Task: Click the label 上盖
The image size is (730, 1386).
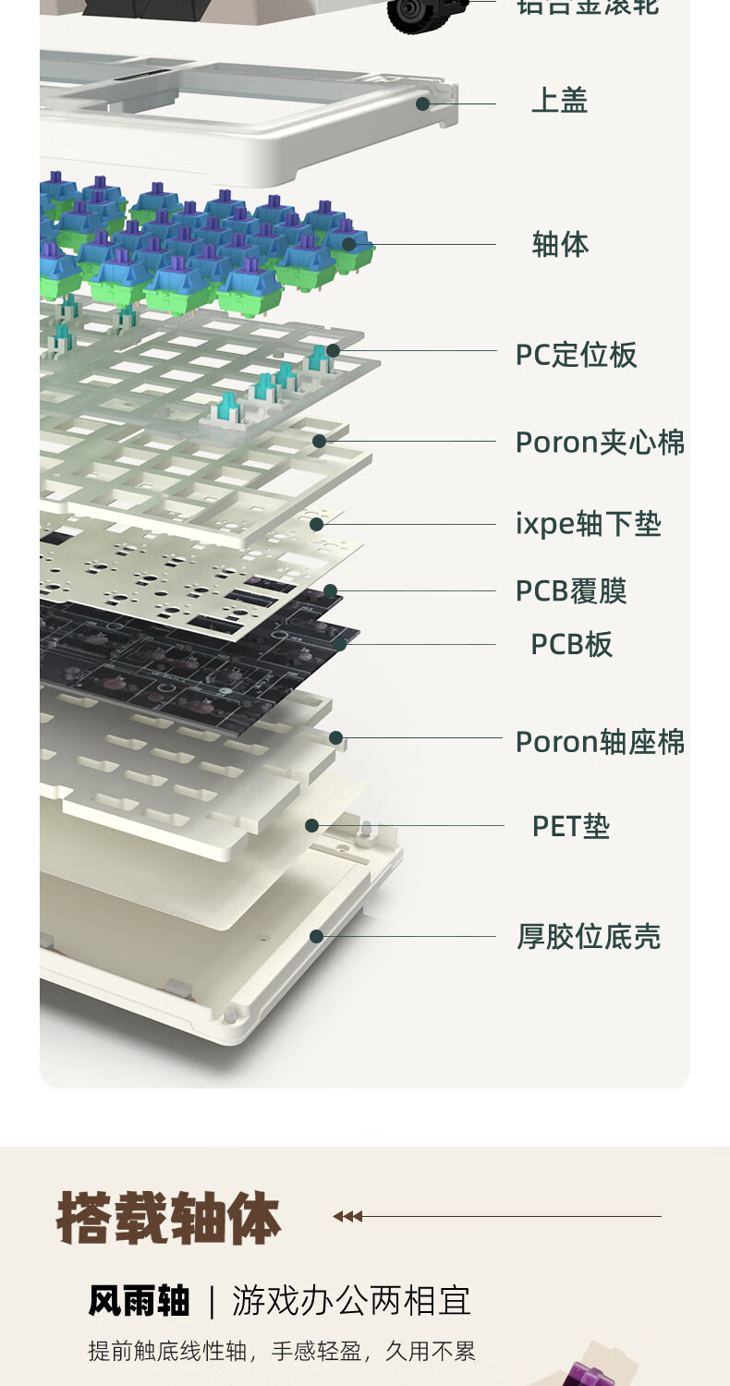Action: (559, 101)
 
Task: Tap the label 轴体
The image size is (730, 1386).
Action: (560, 245)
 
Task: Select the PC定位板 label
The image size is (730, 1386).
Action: (576, 355)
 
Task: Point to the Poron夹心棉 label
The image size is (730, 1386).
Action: (600, 443)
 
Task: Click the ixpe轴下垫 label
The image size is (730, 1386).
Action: (588, 525)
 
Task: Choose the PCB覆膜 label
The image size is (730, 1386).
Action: (571, 591)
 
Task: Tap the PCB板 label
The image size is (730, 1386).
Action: (571, 645)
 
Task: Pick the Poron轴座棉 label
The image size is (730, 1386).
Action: (600, 742)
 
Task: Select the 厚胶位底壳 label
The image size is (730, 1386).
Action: (589, 937)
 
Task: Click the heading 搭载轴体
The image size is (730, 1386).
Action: (168, 1219)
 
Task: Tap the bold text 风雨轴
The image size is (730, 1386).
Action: (139, 1301)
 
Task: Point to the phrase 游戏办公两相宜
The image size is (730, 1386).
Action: (351, 1301)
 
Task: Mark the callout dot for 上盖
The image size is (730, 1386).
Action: (422, 103)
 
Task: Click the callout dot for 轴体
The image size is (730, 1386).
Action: (348, 244)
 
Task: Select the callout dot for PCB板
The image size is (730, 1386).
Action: (340, 644)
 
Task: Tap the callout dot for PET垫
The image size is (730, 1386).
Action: (312, 825)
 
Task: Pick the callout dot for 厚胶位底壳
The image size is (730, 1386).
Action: (316, 936)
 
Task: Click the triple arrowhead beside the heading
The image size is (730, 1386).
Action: (347, 1217)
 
